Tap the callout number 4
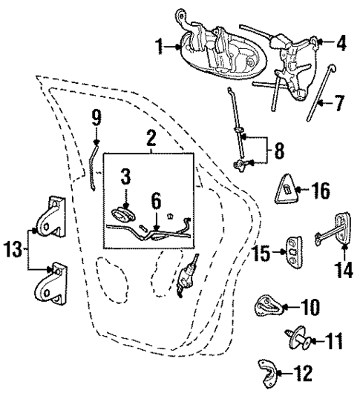[x=341, y=43]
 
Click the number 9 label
[x=96, y=117]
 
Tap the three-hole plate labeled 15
[x=295, y=252]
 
